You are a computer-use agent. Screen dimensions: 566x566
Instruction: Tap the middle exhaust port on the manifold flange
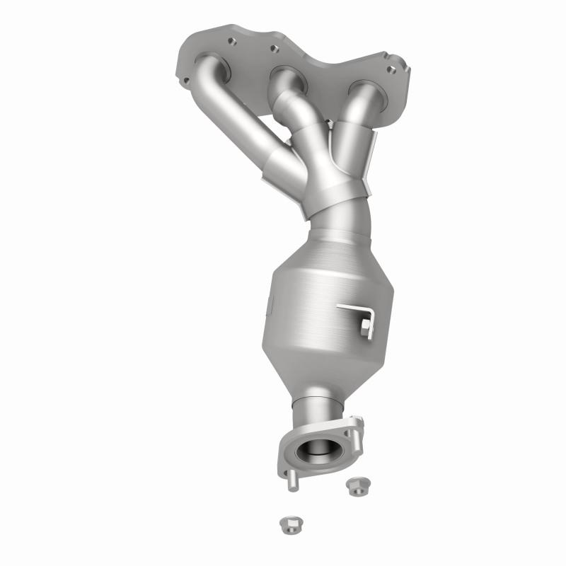tap(285, 77)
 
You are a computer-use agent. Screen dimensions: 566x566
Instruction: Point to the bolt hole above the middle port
tap(272, 50)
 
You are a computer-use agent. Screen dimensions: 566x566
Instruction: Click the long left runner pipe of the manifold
tap(244, 127)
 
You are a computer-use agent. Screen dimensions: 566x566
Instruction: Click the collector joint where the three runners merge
tap(333, 191)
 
